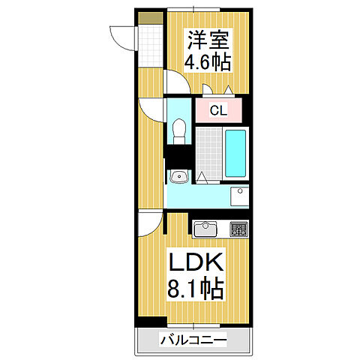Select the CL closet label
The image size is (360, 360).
(217, 111)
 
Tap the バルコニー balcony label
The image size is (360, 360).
(191, 341)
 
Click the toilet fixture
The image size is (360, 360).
(178, 133)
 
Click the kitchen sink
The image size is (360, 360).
(206, 228)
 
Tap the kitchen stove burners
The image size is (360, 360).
(238, 229)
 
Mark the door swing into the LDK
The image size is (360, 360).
(148, 223)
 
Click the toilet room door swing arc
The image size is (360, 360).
(154, 110)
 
